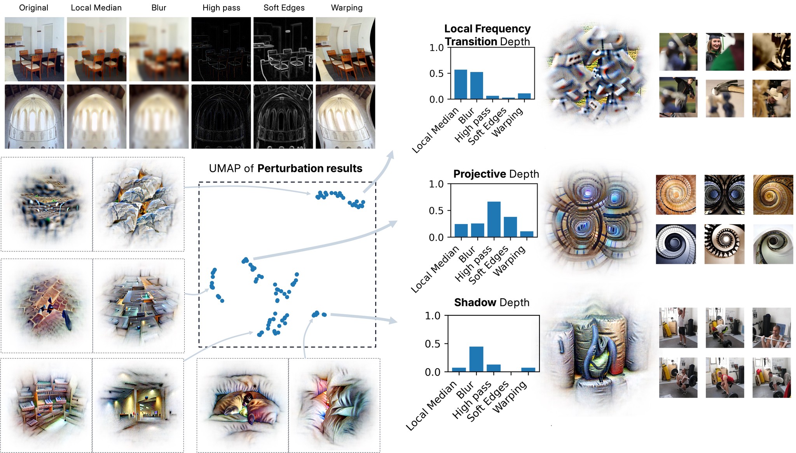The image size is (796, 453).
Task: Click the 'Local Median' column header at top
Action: [96, 8]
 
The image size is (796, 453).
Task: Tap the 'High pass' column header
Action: [221, 8]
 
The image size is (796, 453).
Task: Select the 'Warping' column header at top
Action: [346, 8]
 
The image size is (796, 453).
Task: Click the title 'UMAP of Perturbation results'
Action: [285, 168]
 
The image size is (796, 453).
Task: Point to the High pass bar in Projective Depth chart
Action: [494, 219]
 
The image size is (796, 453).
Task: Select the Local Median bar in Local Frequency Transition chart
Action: [461, 84]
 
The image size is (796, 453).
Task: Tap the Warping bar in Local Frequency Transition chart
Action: [524, 96]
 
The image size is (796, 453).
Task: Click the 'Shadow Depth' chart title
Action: [492, 303]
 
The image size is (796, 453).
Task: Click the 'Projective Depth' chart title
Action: [496, 174]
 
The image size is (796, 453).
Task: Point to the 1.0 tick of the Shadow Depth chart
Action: [433, 316]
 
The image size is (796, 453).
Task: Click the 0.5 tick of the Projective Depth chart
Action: [436, 211]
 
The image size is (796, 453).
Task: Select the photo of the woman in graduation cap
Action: [724, 52]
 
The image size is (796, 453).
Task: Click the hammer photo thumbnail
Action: [724, 98]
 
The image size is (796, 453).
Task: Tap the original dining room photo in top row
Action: [34, 49]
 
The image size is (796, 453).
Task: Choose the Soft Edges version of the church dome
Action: [283, 117]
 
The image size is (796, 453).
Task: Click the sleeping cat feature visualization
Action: [243, 406]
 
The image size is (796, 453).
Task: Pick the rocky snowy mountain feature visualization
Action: [138, 204]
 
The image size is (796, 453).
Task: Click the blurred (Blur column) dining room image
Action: [159, 49]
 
